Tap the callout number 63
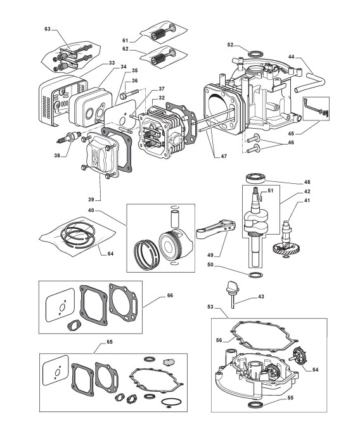[48, 29]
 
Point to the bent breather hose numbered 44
[309, 82]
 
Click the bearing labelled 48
[255, 178]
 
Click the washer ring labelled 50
[256, 275]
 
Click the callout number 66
[170, 295]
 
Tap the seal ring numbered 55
[256, 405]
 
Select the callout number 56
[219, 340]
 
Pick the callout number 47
[224, 157]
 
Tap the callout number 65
[110, 342]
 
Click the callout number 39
[91, 200]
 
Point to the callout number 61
[125, 41]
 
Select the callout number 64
[110, 254]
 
